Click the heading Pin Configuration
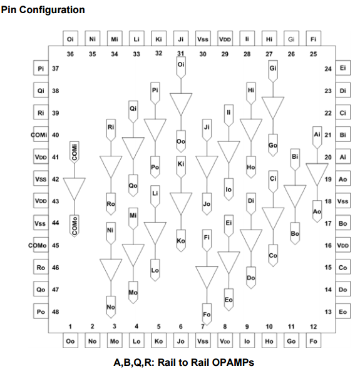(43, 10)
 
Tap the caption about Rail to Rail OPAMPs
(183, 362)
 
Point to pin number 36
(70, 54)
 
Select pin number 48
(55, 312)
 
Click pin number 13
(328, 312)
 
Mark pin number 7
(203, 326)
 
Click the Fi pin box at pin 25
(313, 39)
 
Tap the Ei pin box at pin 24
(343, 68)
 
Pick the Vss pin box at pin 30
(203, 39)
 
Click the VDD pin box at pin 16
(343, 245)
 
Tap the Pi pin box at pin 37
(41, 68)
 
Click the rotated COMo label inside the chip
(75, 226)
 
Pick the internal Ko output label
(181, 241)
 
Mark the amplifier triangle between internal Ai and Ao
(317, 173)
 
